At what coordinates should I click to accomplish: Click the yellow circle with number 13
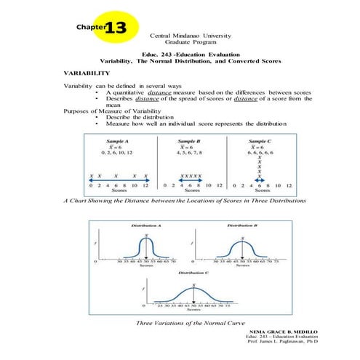point(115,27)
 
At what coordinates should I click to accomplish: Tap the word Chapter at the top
point(90,28)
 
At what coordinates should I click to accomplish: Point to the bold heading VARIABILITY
point(87,73)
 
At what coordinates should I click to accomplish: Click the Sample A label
point(119,140)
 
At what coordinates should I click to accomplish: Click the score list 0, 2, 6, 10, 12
point(119,153)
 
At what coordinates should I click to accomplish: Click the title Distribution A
point(146,225)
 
